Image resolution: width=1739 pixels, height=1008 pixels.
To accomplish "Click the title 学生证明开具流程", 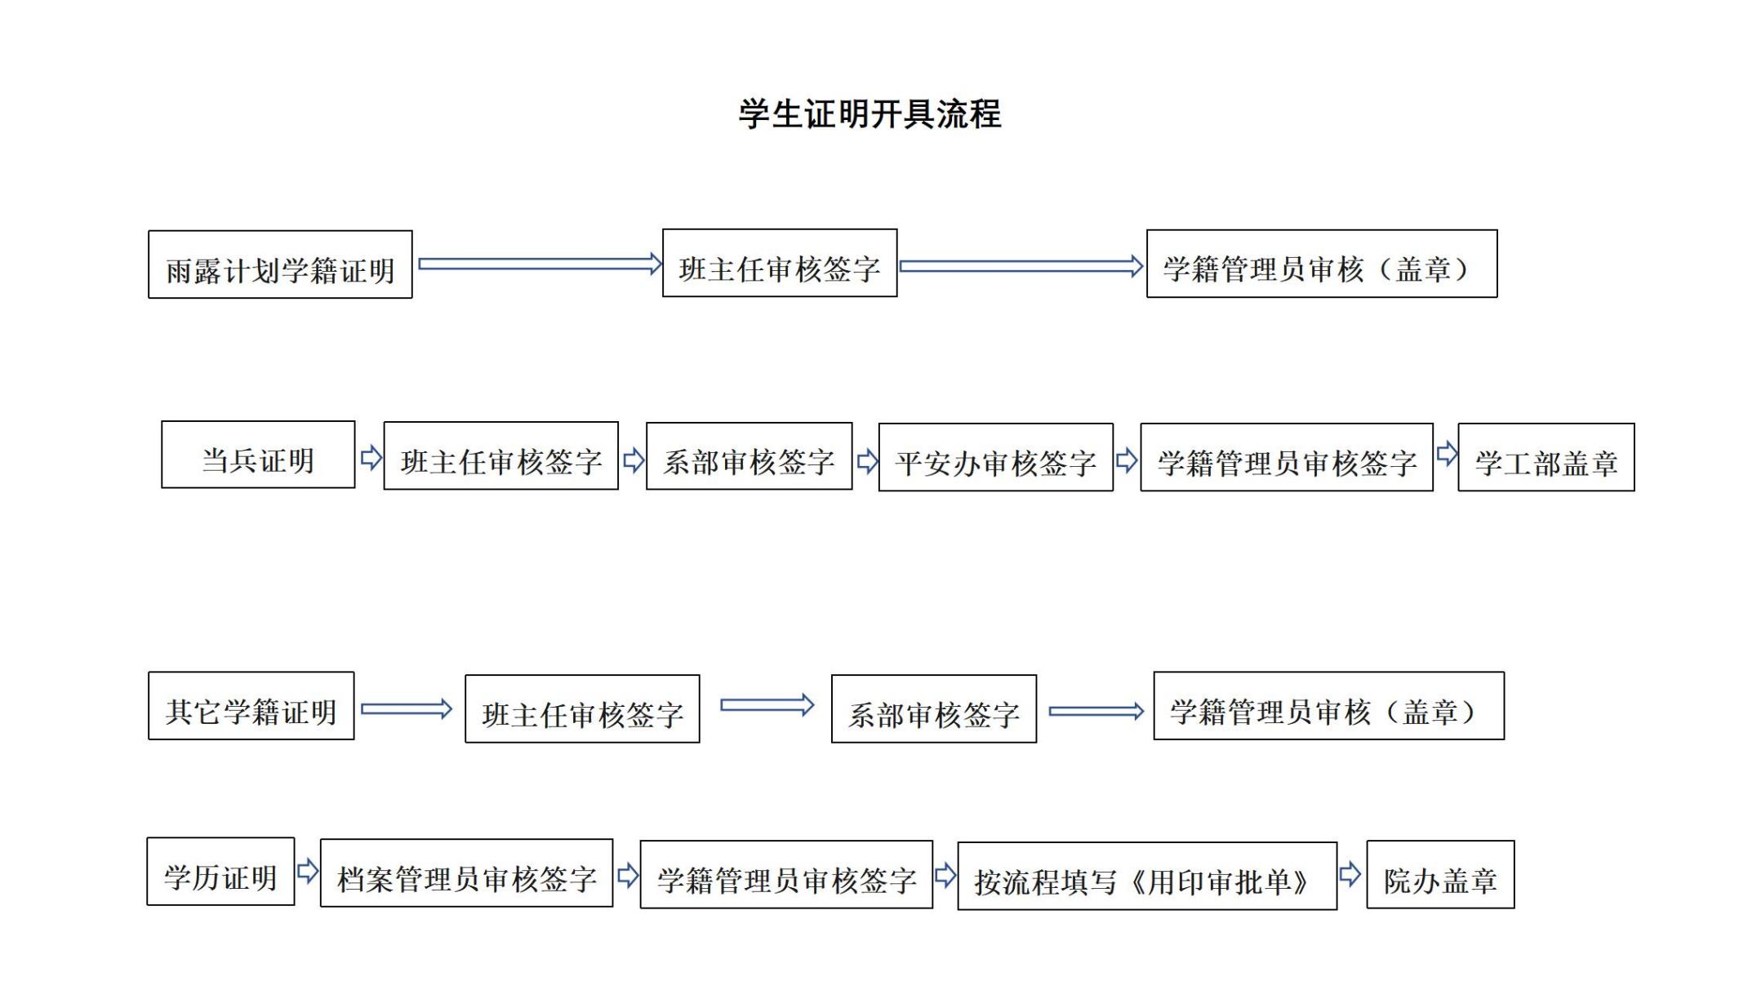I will click(x=869, y=113).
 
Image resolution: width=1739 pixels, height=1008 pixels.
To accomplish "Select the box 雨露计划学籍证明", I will click(x=280, y=264).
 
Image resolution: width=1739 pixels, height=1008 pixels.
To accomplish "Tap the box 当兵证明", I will click(x=258, y=455).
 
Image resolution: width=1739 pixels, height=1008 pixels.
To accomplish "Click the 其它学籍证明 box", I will click(x=251, y=706).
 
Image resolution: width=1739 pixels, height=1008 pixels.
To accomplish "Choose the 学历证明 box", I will click(x=220, y=872).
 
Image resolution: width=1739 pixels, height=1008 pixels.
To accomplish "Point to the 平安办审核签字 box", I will click(x=995, y=457).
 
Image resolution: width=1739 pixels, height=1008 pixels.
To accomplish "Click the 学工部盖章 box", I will click(x=1546, y=457).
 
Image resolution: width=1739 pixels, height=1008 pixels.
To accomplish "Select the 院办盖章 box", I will click(x=1440, y=875).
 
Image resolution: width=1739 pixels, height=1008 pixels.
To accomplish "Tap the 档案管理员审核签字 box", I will click(x=466, y=873).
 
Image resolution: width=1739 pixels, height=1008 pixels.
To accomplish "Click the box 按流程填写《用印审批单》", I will click(x=1146, y=877).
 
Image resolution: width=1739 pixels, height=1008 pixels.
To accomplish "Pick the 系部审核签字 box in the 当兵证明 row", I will click(x=749, y=456).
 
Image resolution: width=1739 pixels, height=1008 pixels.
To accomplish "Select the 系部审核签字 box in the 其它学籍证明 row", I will click(x=933, y=709).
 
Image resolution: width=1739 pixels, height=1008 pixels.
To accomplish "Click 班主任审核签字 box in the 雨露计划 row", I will click(x=779, y=263).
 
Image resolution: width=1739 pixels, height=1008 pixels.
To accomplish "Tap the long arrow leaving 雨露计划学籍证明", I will click(x=539, y=264).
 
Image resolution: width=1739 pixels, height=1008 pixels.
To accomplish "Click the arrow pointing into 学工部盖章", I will click(x=1447, y=454).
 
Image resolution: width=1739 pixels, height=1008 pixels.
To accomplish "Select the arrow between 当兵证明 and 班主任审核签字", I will click(x=371, y=457).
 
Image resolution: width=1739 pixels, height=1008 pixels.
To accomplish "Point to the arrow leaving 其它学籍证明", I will click(x=406, y=708).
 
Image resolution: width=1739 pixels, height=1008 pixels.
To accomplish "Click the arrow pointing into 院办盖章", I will click(x=1350, y=875).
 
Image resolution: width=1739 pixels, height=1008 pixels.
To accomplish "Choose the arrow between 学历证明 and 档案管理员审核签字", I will click(x=307, y=871).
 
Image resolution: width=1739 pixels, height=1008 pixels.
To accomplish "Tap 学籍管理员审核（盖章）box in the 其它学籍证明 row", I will click(x=1328, y=706).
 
